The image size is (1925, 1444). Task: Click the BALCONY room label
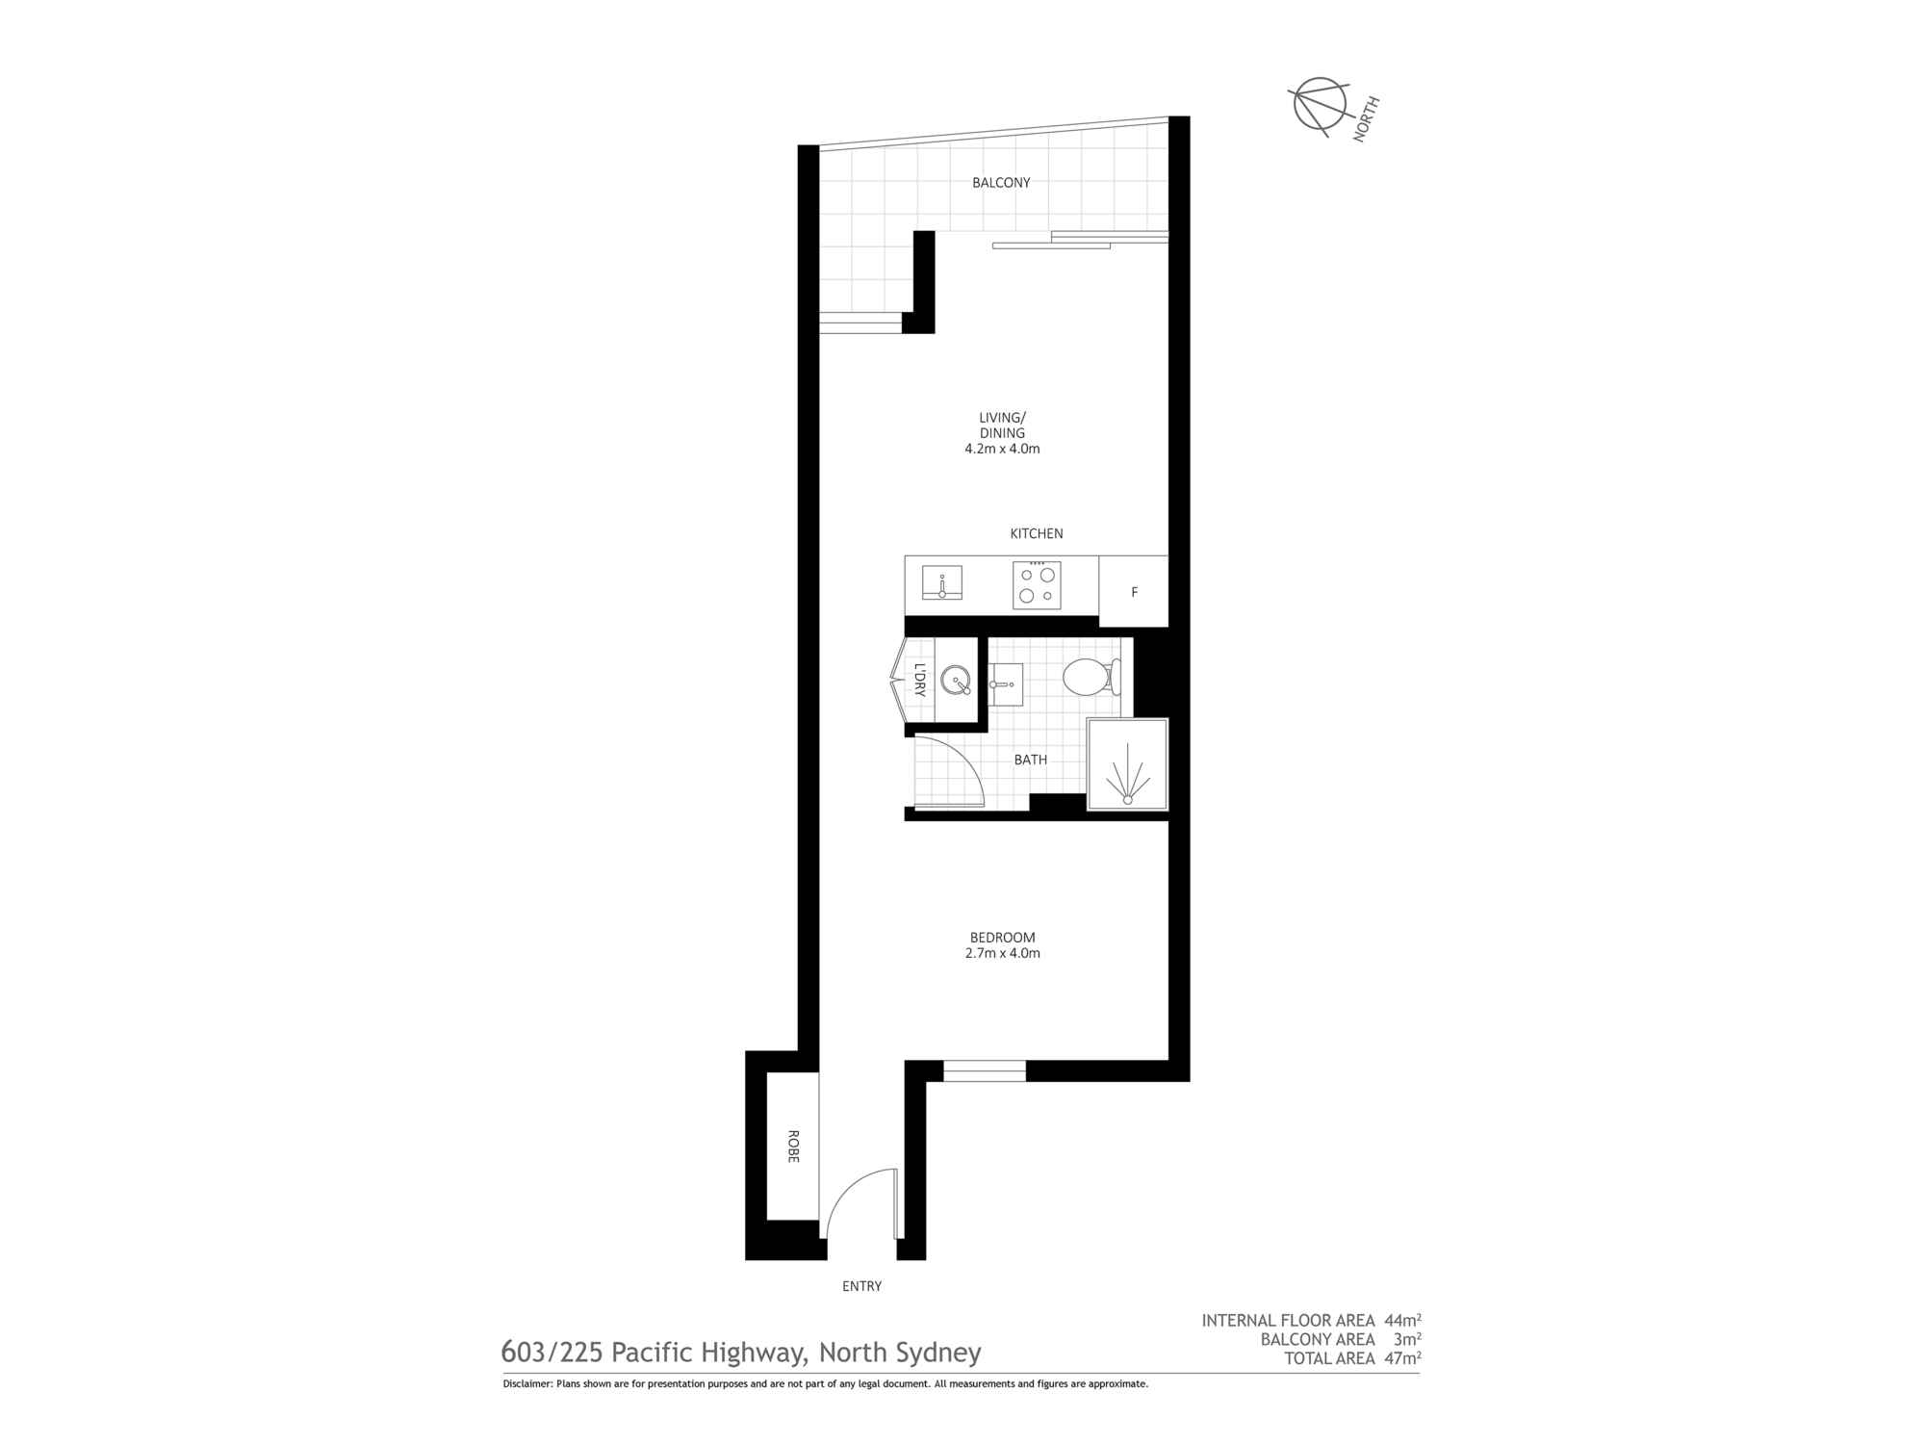(x=1001, y=182)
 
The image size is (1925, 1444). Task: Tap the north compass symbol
(x=1320, y=104)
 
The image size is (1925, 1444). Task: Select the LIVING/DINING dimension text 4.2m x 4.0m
(x=1002, y=449)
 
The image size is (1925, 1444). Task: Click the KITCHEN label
(x=1037, y=533)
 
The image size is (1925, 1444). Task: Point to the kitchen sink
(x=942, y=582)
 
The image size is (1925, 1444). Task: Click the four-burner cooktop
(x=1037, y=585)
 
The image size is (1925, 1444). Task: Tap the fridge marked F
(x=1134, y=592)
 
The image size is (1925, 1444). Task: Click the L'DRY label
(x=920, y=680)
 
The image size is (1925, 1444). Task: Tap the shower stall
(x=1127, y=764)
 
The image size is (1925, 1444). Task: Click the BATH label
(x=1030, y=760)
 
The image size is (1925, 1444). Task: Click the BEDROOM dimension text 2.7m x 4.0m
(x=1002, y=953)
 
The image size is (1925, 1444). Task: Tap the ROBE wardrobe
(x=792, y=1146)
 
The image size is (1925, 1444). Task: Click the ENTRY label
(x=861, y=1286)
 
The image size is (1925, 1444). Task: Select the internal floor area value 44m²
(x=1402, y=1321)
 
